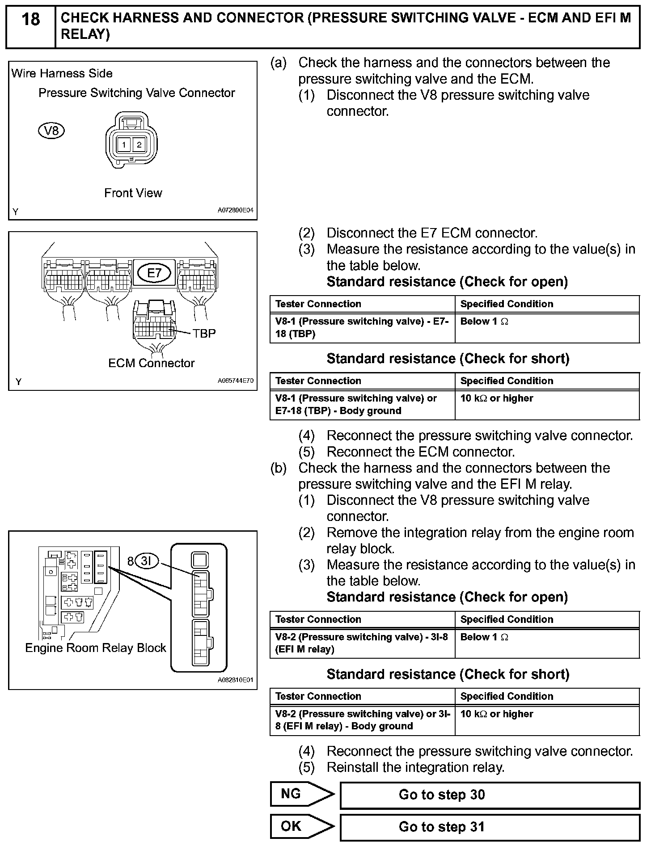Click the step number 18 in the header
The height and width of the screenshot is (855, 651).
tap(30, 20)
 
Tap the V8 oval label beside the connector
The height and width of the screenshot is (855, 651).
tap(52, 131)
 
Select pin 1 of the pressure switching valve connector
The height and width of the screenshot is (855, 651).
tap(124, 144)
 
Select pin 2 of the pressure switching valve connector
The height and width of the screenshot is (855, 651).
tap(139, 144)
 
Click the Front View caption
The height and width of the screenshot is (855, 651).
tap(133, 193)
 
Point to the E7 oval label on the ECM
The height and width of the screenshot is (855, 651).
tap(154, 273)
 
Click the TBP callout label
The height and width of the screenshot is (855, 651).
tap(204, 334)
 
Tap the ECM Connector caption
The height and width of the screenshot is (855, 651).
tap(151, 363)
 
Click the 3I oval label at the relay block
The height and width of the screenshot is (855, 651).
tap(147, 561)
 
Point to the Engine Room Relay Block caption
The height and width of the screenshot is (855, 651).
tap(95, 648)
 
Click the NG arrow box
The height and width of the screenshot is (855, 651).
tap(301, 794)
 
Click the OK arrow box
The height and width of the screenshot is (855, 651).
tap(301, 826)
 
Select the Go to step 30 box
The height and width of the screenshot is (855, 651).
tap(490, 795)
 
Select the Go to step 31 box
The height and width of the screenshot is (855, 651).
tap(490, 827)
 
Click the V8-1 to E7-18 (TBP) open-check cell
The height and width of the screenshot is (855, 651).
tap(362, 328)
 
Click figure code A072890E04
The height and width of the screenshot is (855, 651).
tap(236, 210)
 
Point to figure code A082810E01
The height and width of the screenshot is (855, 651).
tap(236, 680)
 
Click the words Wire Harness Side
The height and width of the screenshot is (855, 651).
tap(62, 73)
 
